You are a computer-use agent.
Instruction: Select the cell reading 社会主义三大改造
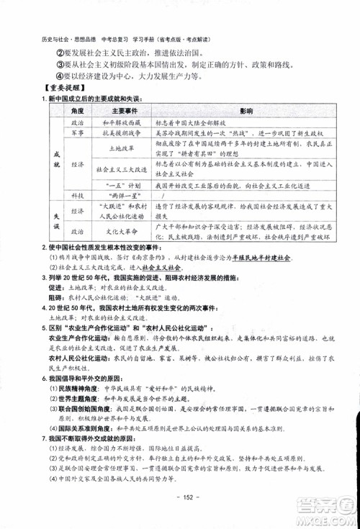pos(109,170)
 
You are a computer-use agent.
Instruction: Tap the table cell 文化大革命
pos(109,232)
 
